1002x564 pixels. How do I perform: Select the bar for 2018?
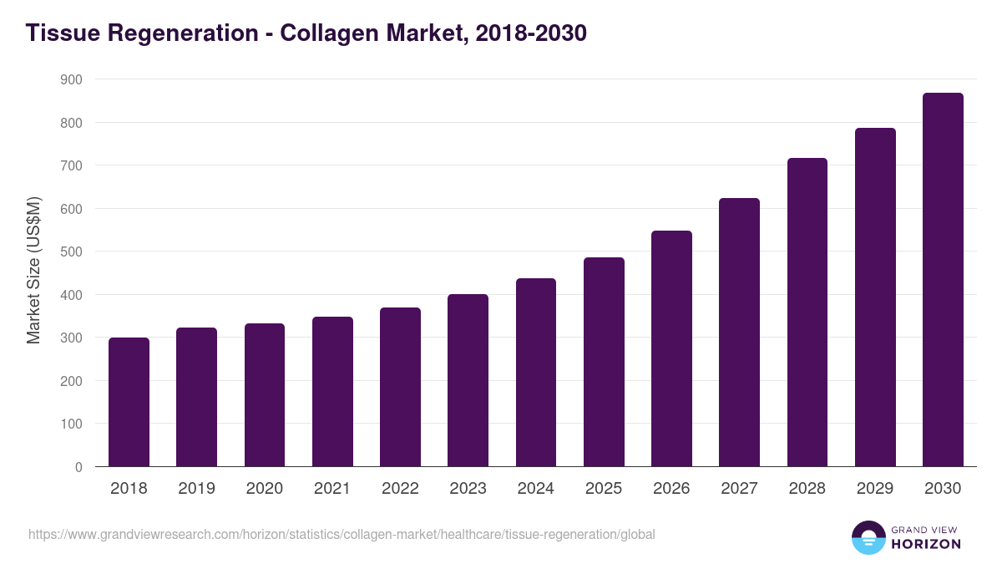pyautogui.click(x=129, y=402)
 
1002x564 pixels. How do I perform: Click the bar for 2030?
pyautogui.click(x=943, y=280)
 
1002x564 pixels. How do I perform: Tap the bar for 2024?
pyautogui.click(x=536, y=373)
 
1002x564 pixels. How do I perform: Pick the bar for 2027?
pyautogui.click(x=739, y=333)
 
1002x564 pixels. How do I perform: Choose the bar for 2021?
pyautogui.click(x=332, y=391)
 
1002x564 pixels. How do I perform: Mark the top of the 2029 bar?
pyautogui.click(x=875, y=130)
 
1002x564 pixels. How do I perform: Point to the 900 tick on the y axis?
pyautogui.click(x=73, y=79)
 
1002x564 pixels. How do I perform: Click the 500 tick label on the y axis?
pyautogui.click(x=73, y=252)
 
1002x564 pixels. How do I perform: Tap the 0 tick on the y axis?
pyautogui.click(x=78, y=467)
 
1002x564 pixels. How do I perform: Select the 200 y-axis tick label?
pyautogui.click(x=73, y=381)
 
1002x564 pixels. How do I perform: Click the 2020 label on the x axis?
pyautogui.click(x=265, y=489)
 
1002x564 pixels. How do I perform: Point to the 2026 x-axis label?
pyautogui.click(x=671, y=489)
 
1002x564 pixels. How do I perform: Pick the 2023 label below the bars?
pyautogui.click(x=468, y=489)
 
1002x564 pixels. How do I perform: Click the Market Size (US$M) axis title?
pyautogui.click(x=33, y=270)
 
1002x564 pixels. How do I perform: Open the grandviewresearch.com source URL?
pyautogui.click(x=342, y=534)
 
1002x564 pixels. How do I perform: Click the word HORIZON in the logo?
pyautogui.click(x=925, y=544)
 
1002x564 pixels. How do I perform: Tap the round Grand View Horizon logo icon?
pyautogui.click(x=868, y=537)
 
